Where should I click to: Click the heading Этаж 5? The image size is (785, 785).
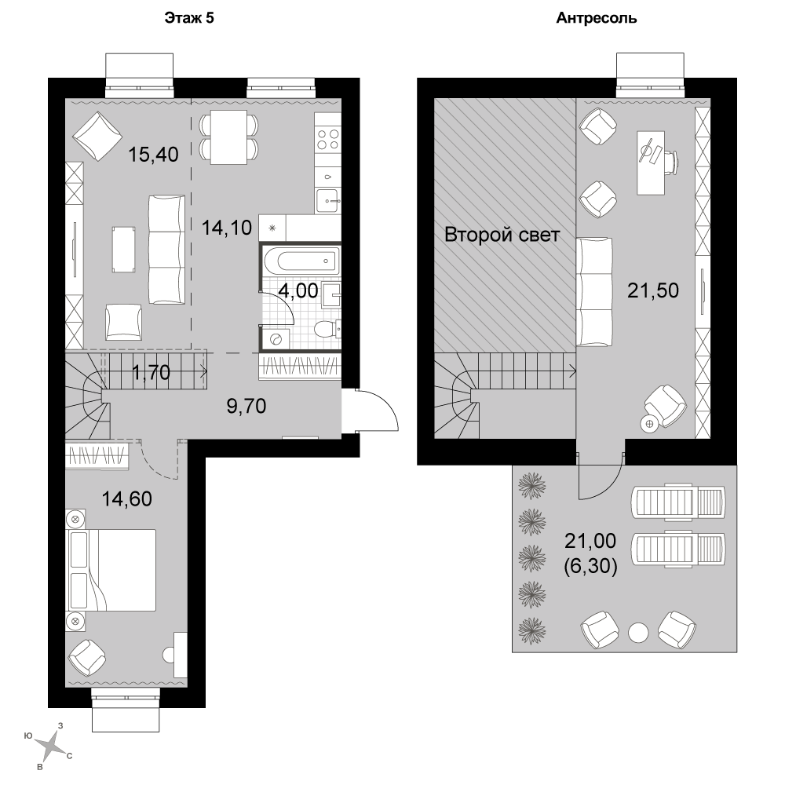click(188, 18)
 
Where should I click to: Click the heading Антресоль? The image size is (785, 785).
click(597, 18)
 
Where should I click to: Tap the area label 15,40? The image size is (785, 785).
click(153, 155)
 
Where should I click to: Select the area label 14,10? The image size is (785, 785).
click(227, 228)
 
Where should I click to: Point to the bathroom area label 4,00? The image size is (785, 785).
click(298, 290)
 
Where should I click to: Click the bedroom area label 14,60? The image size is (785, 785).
click(127, 499)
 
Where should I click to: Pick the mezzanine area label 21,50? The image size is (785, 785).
click(653, 290)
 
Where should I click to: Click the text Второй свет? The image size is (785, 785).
click(502, 234)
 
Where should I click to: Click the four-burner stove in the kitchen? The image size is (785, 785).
click(328, 139)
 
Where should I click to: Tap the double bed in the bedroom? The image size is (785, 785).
click(111, 570)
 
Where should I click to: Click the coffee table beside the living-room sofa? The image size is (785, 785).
click(124, 250)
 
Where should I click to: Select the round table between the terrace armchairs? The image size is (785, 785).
click(638, 632)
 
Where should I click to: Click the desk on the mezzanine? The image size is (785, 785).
click(651, 162)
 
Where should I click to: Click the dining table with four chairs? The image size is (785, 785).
click(228, 137)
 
